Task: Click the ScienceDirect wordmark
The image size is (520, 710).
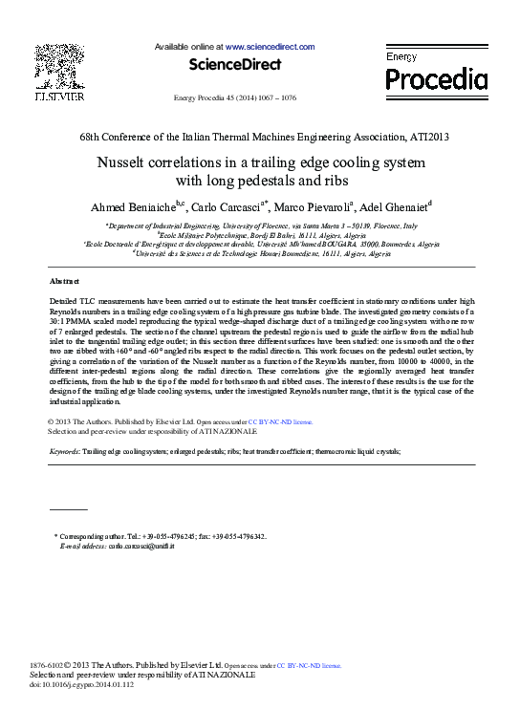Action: pyautogui.click(x=234, y=65)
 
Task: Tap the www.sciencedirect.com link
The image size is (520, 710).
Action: pyautogui.click(x=270, y=46)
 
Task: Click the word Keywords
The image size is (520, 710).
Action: pyautogui.click(x=64, y=449)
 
